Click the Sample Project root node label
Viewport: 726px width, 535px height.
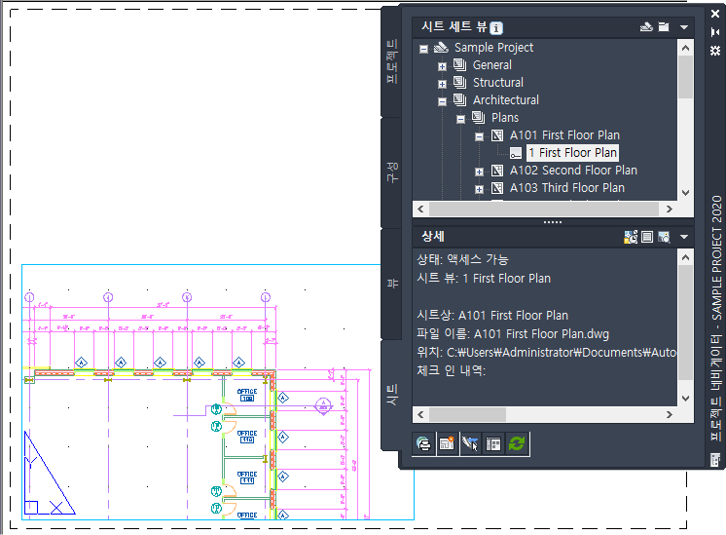pos(493,48)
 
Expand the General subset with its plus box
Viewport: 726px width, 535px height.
pos(443,66)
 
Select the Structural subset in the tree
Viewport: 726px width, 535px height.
pos(497,83)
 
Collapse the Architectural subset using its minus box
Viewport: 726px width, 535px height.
pos(443,100)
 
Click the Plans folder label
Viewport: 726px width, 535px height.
pos(505,118)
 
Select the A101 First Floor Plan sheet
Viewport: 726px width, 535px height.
pos(564,135)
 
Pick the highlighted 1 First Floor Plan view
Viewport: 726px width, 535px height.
pos(572,153)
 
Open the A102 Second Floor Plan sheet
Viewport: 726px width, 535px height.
pos(573,171)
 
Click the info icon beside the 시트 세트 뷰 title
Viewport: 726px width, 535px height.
pos(496,28)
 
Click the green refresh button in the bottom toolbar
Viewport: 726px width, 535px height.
pos(517,442)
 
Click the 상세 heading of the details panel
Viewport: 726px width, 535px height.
pos(433,237)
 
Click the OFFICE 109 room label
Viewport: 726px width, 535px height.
pos(246,396)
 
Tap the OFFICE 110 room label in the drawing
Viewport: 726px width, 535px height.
pos(246,436)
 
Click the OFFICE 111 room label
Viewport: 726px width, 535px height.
pos(246,477)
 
